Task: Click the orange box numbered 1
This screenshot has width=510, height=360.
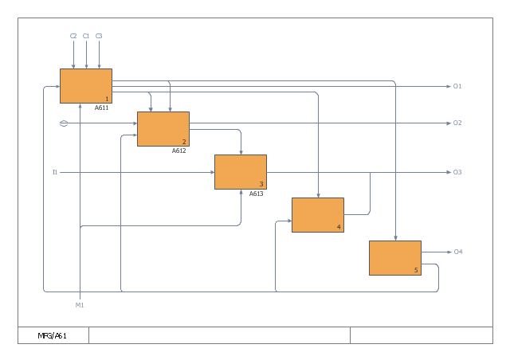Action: pos(85,85)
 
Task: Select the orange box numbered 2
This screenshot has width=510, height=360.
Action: pos(163,128)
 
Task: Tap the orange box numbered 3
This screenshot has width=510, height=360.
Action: pos(240,171)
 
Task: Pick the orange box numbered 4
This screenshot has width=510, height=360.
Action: pos(317,214)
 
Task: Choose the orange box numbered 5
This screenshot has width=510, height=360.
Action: pos(394,257)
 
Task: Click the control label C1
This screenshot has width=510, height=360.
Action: pos(86,36)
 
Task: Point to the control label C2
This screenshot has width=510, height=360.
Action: pos(73,36)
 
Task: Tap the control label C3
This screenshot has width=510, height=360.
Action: pos(99,36)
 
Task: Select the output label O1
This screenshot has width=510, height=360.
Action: pos(457,86)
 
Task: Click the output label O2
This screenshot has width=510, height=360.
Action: pos(457,123)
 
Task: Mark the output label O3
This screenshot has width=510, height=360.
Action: pos(457,172)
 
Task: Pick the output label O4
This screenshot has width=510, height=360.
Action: pos(457,252)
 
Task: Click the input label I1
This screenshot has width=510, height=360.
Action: pos(55,172)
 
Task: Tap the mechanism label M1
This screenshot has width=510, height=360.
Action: pos(80,305)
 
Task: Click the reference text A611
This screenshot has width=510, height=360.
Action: pos(101,108)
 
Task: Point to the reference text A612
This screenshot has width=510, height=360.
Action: pos(178,151)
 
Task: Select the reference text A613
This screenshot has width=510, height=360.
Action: pos(256,194)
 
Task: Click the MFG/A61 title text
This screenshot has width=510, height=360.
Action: pos(53,335)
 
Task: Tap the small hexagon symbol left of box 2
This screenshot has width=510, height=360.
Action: pos(64,123)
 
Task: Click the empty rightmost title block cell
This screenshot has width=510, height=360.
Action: pos(420,335)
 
